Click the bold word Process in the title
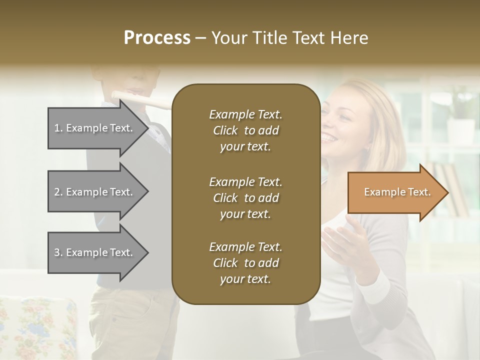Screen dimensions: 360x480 point(157,37)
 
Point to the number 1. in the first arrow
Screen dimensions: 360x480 point(58,128)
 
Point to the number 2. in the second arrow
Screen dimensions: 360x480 point(58,192)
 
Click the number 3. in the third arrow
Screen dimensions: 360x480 point(58,252)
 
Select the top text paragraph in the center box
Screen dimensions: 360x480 point(245,130)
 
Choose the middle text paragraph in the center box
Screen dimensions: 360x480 point(245,198)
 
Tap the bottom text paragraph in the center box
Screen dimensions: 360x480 point(245,263)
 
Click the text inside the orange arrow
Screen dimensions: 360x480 point(397,192)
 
